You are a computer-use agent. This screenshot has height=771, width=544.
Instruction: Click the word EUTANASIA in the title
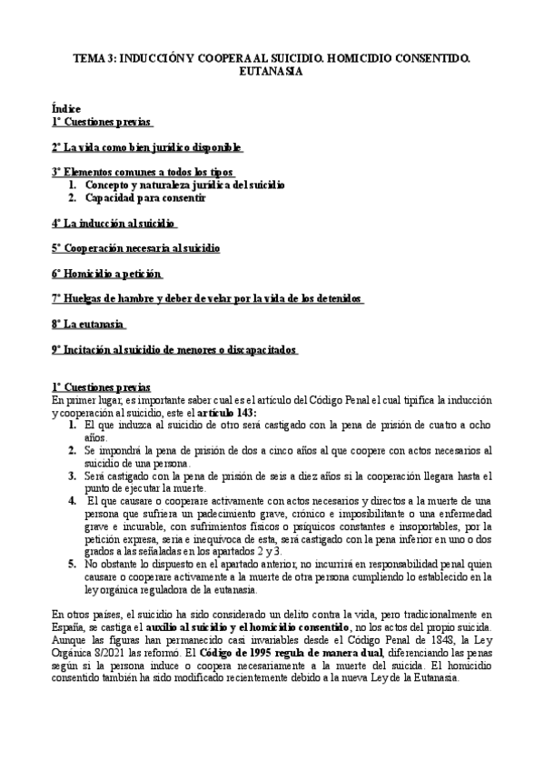pyautogui.click(x=272, y=72)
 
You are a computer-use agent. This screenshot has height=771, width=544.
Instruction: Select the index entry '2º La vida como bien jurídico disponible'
pyautogui.click(x=147, y=147)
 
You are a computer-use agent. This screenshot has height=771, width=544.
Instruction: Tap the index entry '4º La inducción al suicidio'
pyautogui.click(x=114, y=223)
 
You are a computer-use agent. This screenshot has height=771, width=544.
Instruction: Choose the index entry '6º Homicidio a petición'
pyautogui.click(x=107, y=274)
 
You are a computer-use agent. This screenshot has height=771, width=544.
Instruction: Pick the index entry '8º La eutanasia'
pyautogui.click(x=89, y=324)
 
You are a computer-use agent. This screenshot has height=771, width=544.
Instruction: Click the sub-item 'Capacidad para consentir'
pyautogui.click(x=146, y=197)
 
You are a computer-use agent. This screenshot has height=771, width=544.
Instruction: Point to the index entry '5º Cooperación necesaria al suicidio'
pyautogui.click(x=135, y=248)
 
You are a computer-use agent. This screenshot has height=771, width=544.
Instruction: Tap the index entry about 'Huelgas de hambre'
pyautogui.click(x=208, y=298)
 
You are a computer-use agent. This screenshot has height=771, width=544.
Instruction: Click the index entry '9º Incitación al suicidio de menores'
pyautogui.click(x=175, y=349)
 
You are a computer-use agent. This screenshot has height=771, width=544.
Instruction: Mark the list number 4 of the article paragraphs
pyautogui.click(x=72, y=500)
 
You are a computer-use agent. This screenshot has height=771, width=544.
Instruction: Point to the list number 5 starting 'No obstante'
pyautogui.click(x=72, y=564)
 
